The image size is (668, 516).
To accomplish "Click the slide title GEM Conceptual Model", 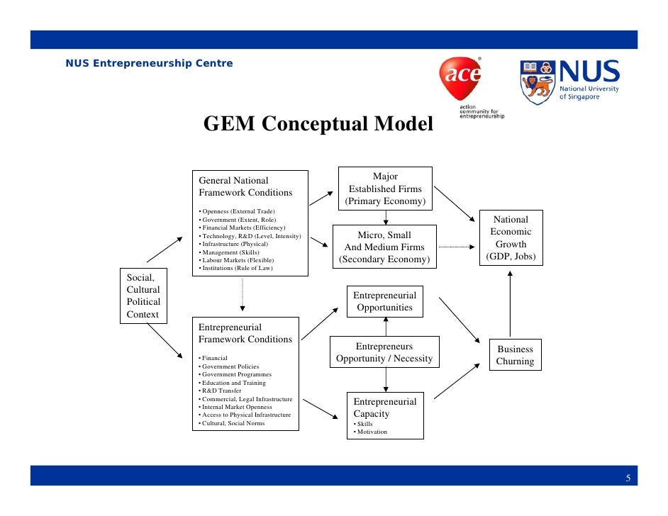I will (318, 124).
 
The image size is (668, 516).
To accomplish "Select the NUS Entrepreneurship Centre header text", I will (149, 64).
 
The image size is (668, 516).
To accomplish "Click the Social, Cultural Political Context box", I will (143, 296).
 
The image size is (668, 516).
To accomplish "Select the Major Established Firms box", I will (385, 189).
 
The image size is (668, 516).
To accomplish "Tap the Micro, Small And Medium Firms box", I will (384, 247).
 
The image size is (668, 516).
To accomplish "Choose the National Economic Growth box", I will (511, 237).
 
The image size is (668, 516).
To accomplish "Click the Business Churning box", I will (515, 355).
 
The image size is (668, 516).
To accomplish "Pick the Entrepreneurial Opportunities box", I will (385, 301).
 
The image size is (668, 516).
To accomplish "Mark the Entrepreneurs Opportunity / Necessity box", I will (384, 352).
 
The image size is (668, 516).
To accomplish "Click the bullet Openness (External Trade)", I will (238, 211).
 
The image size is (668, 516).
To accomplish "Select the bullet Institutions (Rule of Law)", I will (237, 269).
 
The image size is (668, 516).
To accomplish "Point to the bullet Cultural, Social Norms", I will (233, 423).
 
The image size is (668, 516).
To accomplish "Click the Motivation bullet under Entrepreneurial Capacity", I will (372, 432).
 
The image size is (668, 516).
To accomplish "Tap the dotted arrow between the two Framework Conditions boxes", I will (243, 295).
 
